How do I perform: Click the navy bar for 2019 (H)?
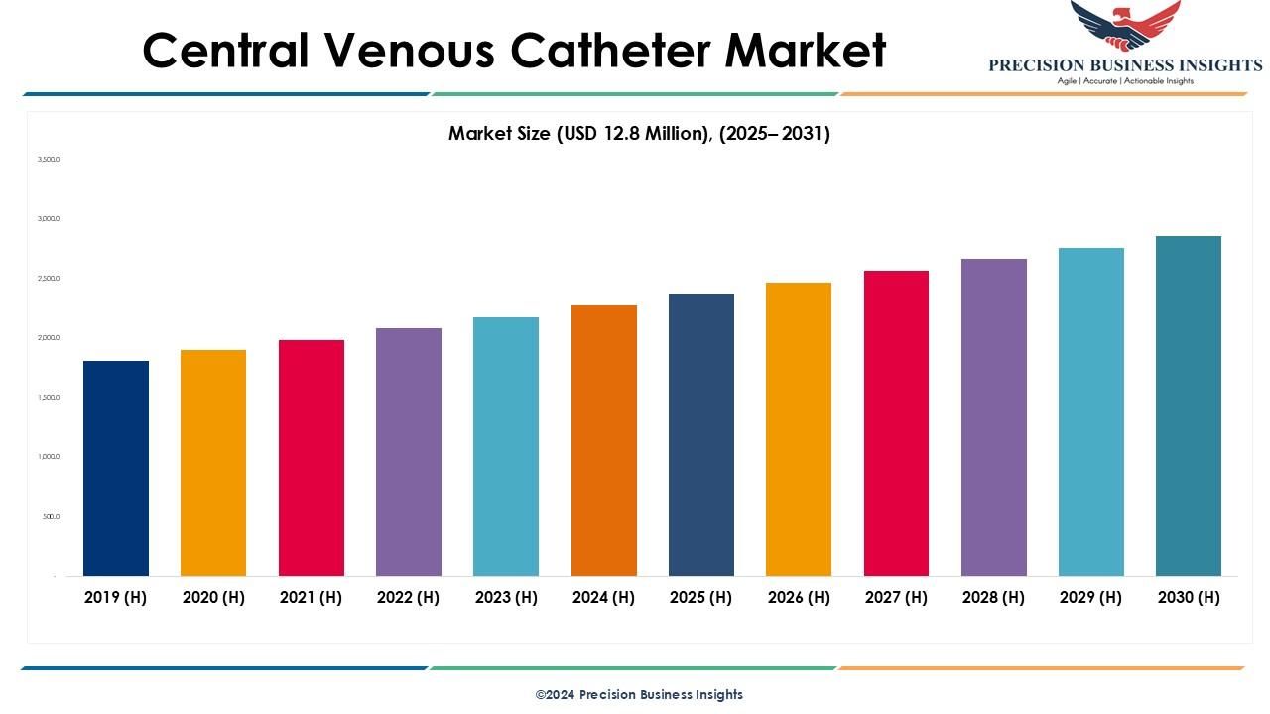tap(116, 468)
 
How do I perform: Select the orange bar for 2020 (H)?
tap(213, 463)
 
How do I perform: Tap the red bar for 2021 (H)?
tap(312, 458)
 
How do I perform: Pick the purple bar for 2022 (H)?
tap(409, 452)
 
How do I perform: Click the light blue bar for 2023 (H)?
tap(506, 446)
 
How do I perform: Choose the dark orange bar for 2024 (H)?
tap(604, 440)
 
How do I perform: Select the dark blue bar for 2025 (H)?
tap(701, 434)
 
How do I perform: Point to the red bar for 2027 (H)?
tap(896, 423)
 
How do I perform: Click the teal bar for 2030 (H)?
tap(1189, 406)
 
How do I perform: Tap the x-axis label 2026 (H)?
tap(799, 597)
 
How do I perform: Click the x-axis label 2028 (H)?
tap(994, 597)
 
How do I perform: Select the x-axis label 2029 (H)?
tap(1091, 597)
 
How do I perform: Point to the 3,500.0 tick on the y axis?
tap(49, 159)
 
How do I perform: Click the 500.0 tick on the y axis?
tap(51, 516)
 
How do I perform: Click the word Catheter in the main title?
tap(634, 50)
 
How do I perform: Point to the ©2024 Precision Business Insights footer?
tap(639, 694)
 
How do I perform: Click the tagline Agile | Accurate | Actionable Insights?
tap(1125, 81)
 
